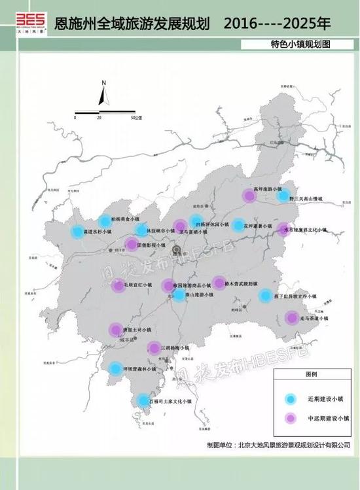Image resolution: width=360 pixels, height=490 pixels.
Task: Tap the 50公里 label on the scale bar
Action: click(x=136, y=118)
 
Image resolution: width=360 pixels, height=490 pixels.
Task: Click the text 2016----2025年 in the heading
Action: click(x=277, y=24)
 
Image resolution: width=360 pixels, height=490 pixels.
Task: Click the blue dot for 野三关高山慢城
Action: click(x=283, y=195)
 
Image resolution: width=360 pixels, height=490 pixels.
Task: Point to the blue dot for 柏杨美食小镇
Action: click(x=105, y=221)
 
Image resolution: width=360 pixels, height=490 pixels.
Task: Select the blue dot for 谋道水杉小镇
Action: click(x=78, y=232)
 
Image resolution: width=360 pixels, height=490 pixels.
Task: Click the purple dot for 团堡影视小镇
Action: click(x=131, y=245)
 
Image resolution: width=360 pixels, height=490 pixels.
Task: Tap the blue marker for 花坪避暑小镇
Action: click(x=239, y=225)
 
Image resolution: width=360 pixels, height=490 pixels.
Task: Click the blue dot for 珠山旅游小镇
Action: click(x=179, y=295)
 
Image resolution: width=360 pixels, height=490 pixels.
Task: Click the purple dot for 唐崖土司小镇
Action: click(x=115, y=330)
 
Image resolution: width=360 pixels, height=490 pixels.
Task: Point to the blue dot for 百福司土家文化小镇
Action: click(x=143, y=400)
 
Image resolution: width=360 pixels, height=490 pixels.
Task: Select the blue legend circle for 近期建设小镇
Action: click(x=289, y=398)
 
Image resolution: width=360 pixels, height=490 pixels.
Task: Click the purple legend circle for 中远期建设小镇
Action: click(x=289, y=418)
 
